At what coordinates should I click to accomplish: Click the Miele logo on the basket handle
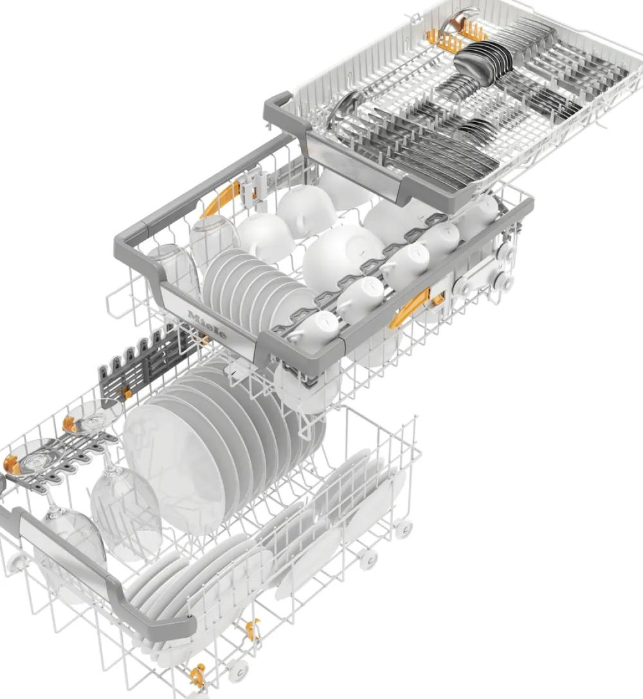point(208,325)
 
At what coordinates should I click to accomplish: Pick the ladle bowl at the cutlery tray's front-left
point(345,107)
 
